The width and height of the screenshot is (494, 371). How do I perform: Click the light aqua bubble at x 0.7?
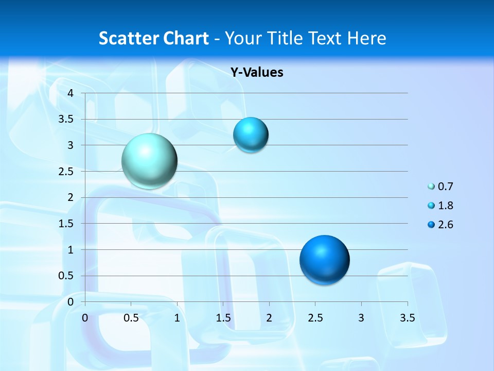coord(149,161)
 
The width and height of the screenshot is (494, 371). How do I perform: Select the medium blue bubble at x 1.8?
coord(251,134)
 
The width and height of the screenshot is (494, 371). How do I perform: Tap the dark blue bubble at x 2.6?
coord(324,260)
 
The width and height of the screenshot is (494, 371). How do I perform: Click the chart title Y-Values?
coord(257,73)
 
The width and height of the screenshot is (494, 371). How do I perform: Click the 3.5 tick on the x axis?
coord(407,318)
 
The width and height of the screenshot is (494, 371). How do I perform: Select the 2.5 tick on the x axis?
coord(315,318)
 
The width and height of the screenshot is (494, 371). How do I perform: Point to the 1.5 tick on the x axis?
coord(223,318)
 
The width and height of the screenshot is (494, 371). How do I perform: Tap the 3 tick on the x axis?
coord(361,318)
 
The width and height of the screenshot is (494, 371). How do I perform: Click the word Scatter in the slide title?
coord(128,38)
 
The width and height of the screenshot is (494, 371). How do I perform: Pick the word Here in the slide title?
coord(366,38)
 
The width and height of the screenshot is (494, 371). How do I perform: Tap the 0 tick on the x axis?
coord(85,318)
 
